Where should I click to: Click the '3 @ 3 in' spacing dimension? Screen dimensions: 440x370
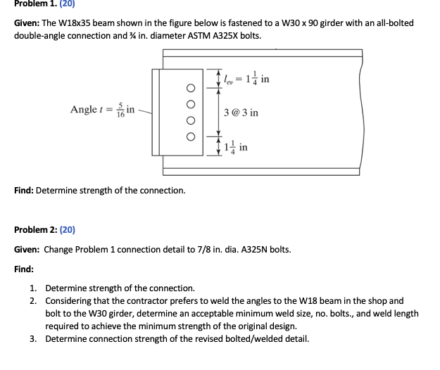pos(241,113)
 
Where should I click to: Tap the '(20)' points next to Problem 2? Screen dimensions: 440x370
pos(70,229)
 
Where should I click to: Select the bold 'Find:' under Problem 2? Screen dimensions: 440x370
pos(25,269)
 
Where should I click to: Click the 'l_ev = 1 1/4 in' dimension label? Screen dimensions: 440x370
pos(245,78)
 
